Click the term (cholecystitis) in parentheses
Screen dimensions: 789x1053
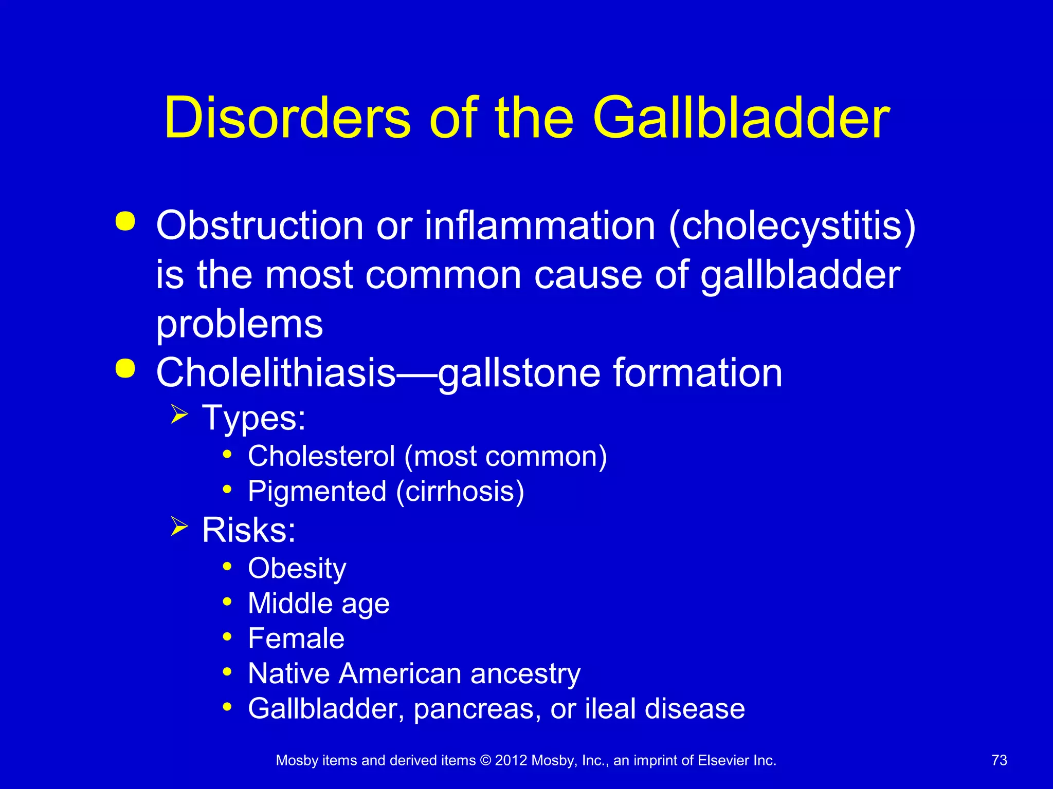tap(792, 227)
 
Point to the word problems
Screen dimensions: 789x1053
tap(240, 325)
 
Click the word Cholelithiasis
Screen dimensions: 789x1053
tap(276, 372)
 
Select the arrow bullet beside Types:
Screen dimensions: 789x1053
tap(179, 414)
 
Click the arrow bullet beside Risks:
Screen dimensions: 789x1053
tap(179, 527)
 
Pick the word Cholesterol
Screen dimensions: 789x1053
tap(321, 456)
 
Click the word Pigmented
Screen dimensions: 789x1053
tap(317, 492)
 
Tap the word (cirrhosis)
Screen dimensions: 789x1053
tap(460, 492)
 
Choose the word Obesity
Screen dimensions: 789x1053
tap(297, 569)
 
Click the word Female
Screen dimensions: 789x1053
tap(296, 638)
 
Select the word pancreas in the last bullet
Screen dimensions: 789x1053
tap(477, 709)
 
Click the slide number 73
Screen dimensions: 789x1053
tap(999, 760)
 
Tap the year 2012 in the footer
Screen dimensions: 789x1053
tap(511, 760)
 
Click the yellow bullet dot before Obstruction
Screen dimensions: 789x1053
tap(125, 221)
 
